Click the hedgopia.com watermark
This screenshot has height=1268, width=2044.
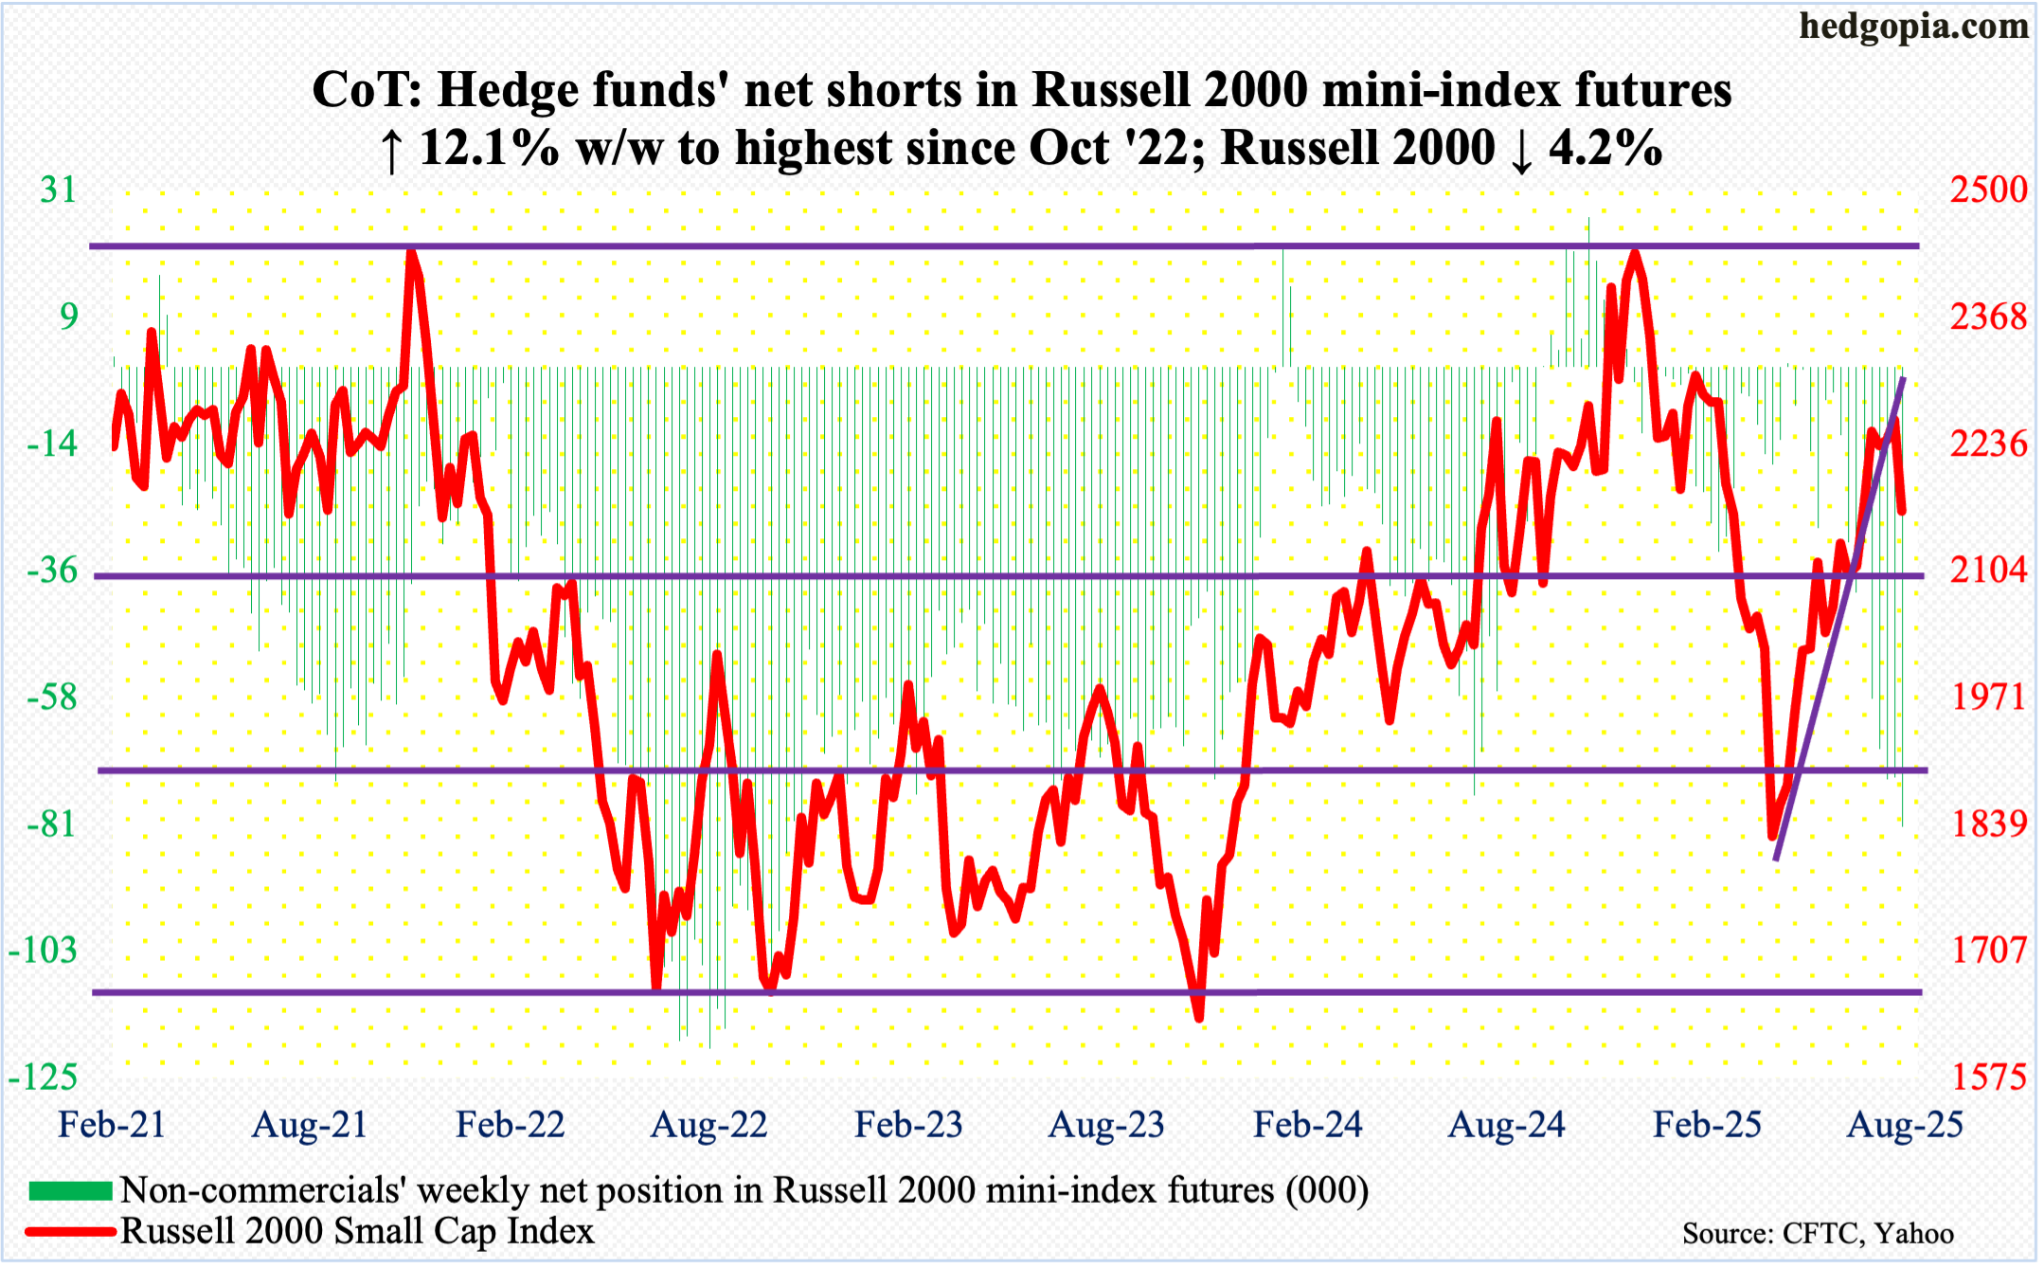(1914, 26)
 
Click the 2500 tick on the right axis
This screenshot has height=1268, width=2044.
(1988, 190)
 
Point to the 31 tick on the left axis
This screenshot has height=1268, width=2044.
(58, 190)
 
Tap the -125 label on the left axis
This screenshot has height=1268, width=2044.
(43, 1078)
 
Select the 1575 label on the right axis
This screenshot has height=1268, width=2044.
(1988, 1078)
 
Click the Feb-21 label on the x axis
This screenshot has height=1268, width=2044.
(112, 1125)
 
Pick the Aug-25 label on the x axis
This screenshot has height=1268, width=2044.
(1905, 1125)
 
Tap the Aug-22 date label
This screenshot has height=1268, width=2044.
(708, 1125)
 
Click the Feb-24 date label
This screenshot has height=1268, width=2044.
(1307, 1125)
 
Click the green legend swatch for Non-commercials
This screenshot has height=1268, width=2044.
(70, 1190)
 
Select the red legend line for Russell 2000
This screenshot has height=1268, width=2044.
(70, 1232)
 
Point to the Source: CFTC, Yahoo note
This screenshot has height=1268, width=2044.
(1818, 1233)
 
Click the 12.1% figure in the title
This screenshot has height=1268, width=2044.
(489, 149)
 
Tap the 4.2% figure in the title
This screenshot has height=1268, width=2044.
(1605, 149)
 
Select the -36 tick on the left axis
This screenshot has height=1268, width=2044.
(52, 571)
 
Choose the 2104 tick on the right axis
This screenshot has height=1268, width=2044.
(1988, 571)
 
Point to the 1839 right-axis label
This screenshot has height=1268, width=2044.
(1988, 824)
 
